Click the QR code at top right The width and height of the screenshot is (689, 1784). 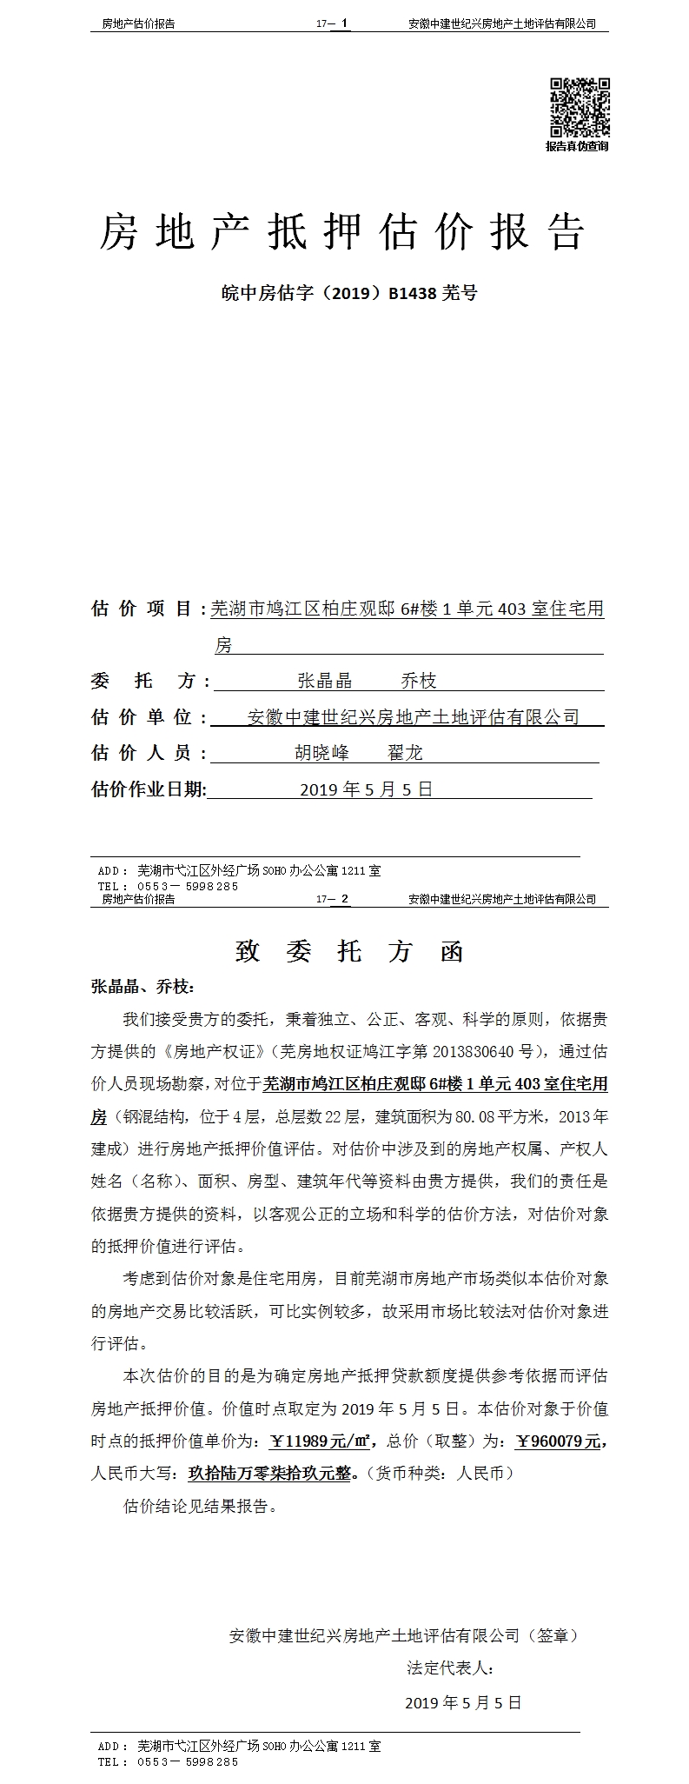pos(578,108)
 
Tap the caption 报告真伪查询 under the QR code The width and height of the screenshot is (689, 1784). pos(578,146)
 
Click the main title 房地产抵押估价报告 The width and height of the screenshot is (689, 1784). pos(343,232)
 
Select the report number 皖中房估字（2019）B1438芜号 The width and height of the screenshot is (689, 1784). pos(348,293)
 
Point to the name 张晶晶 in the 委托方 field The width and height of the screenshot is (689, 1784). pos(325,681)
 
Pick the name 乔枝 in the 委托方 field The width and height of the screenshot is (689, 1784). pos(419,681)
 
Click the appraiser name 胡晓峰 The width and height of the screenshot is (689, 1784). pos(322,753)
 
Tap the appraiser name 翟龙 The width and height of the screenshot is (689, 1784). pos(405,753)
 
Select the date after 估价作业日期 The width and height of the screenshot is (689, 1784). pos(366,789)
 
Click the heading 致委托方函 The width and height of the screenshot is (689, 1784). pos(350,951)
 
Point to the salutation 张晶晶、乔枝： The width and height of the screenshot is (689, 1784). pos(143,987)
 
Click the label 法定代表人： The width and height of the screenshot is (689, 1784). pos(451,1668)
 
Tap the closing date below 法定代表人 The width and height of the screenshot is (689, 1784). pos(463,1702)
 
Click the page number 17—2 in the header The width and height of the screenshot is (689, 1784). pos(334,899)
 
